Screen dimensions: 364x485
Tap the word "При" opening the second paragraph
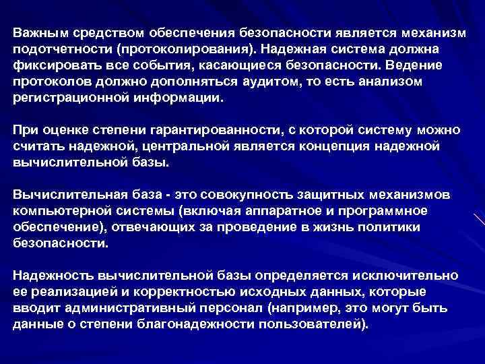(x=24, y=129)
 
